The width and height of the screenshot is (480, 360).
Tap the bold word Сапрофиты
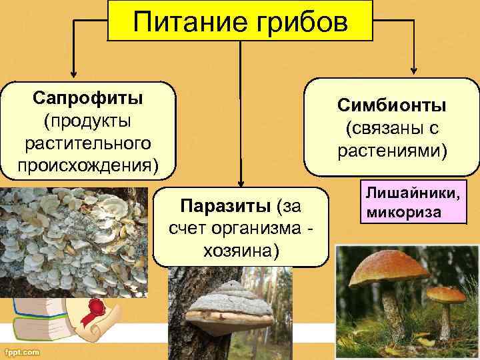[x=87, y=99]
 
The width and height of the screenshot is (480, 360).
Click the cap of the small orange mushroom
[x=446, y=293]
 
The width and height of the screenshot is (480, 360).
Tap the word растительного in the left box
[x=87, y=143]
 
